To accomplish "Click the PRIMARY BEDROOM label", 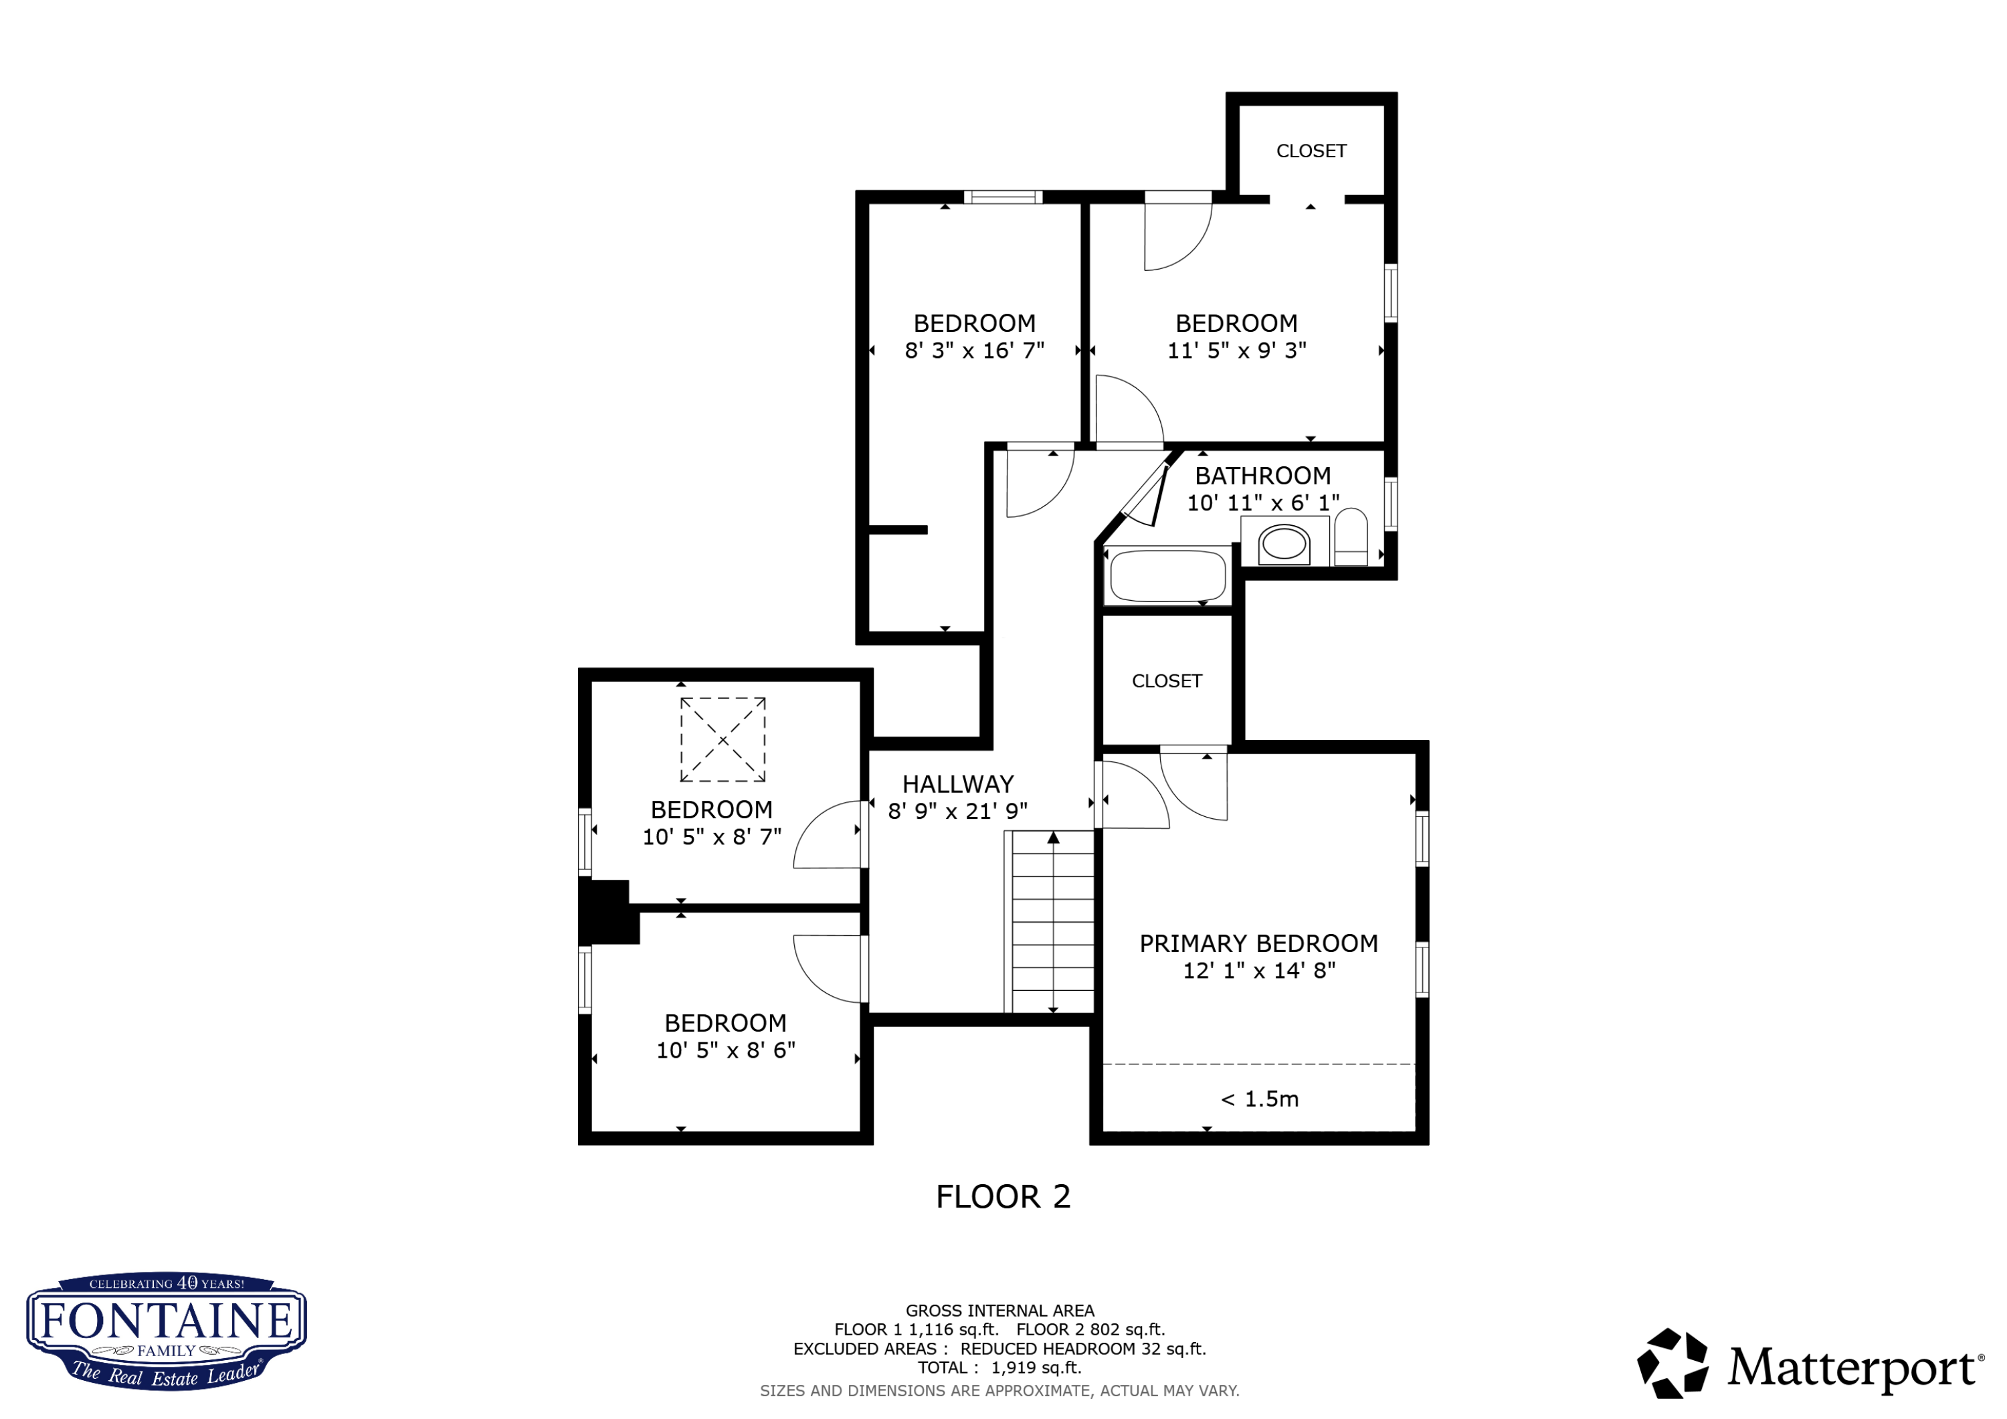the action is click(x=1259, y=944).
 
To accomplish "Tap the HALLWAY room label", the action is click(x=958, y=784).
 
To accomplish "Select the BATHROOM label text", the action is click(x=1263, y=476).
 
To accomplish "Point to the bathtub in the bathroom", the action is click(x=1168, y=575).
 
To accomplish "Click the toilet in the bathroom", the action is click(x=1351, y=537).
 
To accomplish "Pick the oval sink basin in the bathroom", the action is click(x=1284, y=544).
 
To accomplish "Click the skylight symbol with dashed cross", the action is click(x=723, y=740).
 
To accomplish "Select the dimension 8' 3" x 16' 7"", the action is click(x=975, y=351).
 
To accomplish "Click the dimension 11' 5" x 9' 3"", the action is click(x=1237, y=351).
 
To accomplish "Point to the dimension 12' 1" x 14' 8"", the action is click(x=1259, y=971).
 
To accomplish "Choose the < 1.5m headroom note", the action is click(x=1260, y=1099).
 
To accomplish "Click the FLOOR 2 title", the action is click(x=1004, y=1197).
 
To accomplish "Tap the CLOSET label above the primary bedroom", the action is click(x=1167, y=681).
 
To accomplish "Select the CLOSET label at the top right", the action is click(x=1311, y=151).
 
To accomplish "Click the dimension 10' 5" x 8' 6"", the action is click(x=725, y=1050).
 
